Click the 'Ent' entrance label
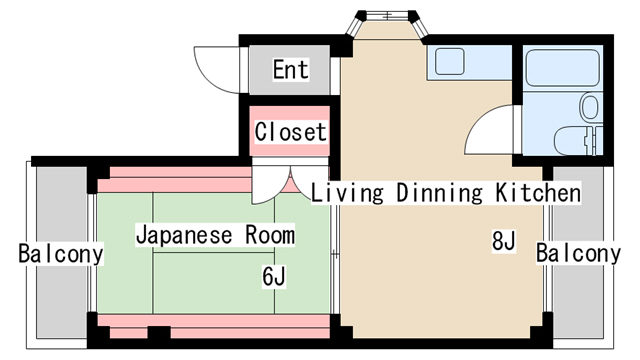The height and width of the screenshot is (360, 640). pos(291,69)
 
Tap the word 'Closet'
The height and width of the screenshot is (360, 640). pos(290,131)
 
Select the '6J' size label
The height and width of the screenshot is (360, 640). pos(274,276)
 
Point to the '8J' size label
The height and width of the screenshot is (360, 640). pos(504,240)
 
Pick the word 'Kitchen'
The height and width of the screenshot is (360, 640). pos(538,192)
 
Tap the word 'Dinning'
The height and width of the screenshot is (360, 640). pos(439,193)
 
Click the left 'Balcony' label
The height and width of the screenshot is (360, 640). pos(61,254)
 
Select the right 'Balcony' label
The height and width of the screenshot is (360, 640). pos(578,253)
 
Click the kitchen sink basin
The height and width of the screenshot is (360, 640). pos(449,62)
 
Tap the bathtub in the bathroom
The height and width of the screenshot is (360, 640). pos(562,68)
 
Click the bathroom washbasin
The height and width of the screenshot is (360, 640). pos(589,107)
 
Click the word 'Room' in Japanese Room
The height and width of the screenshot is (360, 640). pos(270,235)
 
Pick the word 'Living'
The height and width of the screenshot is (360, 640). pos(347,193)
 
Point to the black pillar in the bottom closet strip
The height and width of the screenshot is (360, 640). pos(159,332)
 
